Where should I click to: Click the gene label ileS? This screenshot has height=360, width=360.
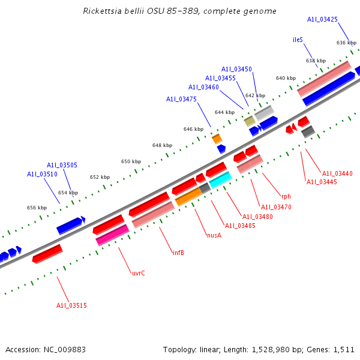coord(298,40)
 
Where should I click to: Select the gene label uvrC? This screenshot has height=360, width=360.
coord(139,273)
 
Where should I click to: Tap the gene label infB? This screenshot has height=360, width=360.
coord(178,253)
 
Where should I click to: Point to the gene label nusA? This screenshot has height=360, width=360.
coord(214,235)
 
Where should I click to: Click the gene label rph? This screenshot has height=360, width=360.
coord(286,196)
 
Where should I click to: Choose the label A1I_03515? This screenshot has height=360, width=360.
coord(72,306)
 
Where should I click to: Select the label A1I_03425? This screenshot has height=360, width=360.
coord(322,20)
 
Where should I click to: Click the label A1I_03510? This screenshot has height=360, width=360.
coord(42,174)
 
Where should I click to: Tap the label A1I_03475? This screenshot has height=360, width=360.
coord(181,99)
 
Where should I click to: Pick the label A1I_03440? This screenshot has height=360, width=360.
coord(337,174)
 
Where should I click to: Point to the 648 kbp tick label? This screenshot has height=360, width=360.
coord(162,145)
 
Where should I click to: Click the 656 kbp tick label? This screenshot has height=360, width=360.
coord(37,208)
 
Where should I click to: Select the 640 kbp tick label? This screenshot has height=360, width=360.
coord(286,78)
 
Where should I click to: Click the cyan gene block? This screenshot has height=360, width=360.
coord(220,179)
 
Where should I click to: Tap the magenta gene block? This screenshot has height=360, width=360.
coord(112,235)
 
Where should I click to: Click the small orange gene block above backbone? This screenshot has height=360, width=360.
coord(217,139)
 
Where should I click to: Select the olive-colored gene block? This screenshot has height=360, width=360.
coord(250,121)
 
